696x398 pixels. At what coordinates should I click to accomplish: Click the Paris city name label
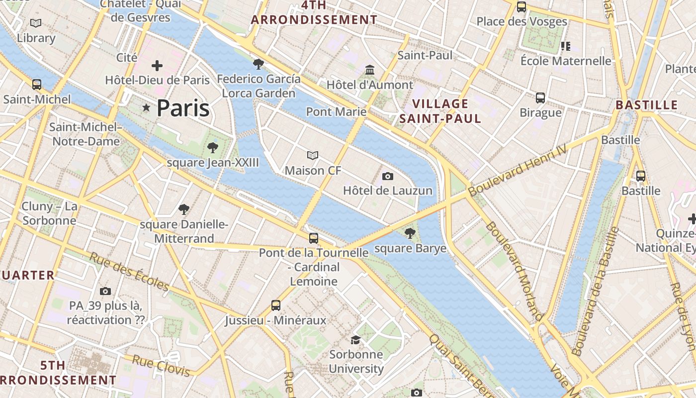[x=183, y=108]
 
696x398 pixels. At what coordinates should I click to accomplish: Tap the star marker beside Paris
[x=146, y=107]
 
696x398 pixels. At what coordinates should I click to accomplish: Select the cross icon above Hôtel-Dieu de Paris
[x=157, y=66]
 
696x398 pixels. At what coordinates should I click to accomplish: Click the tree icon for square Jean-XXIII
[x=213, y=147]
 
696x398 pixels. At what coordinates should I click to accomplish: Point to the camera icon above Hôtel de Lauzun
[x=388, y=176]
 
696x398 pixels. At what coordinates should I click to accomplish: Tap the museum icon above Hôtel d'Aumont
[x=369, y=70]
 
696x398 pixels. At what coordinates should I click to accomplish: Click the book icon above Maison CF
[x=312, y=156]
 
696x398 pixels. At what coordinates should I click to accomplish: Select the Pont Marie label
[x=336, y=111]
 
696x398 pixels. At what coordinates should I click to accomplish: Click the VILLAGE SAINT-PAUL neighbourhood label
[x=440, y=111]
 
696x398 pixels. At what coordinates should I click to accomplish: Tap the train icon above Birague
[x=540, y=98]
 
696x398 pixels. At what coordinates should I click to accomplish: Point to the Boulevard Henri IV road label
[x=517, y=170]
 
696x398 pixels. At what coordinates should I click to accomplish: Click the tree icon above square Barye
[x=410, y=233]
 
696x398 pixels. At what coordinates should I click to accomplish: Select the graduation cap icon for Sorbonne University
[x=355, y=340]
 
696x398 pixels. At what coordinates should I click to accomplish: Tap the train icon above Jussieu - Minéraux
[x=276, y=305]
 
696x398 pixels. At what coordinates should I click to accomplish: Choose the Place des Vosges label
[x=522, y=21]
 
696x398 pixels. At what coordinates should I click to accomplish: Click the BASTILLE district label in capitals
[x=646, y=105]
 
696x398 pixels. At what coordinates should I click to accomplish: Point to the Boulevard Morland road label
[x=514, y=271]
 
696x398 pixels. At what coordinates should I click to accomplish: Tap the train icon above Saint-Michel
[x=37, y=84]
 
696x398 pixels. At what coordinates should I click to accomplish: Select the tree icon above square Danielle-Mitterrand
[x=184, y=209]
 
